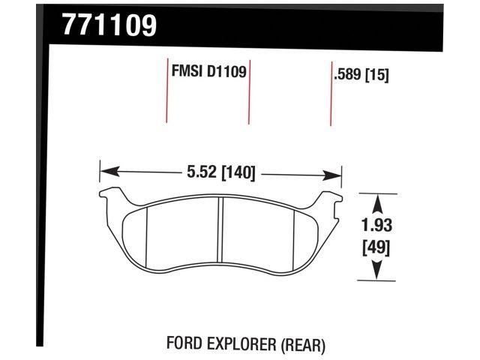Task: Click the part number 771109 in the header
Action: point(109,25)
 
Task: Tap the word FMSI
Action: point(184,73)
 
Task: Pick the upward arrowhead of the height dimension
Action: point(378,199)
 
